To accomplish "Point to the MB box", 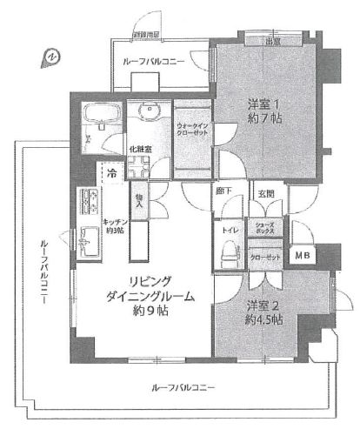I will (x=302, y=255).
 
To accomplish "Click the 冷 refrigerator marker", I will (x=112, y=175).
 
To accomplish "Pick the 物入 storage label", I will (x=139, y=201).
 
